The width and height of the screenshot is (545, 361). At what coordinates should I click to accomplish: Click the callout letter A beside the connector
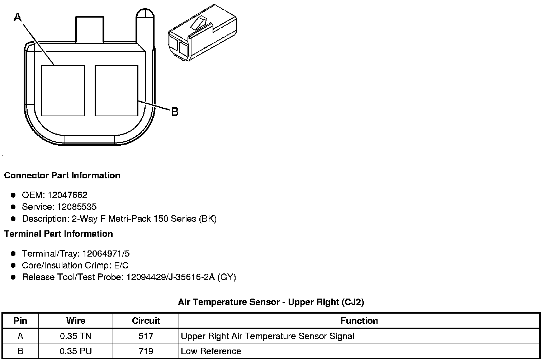(x=18, y=17)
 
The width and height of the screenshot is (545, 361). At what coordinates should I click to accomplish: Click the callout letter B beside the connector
(x=175, y=112)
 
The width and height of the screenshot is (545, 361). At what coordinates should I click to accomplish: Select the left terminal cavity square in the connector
(x=63, y=90)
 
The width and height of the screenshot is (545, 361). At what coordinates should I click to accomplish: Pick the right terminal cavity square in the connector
(x=117, y=90)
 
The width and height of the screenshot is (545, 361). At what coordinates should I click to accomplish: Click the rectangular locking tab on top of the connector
(x=90, y=29)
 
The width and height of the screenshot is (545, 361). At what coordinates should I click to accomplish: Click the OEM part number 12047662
(x=67, y=195)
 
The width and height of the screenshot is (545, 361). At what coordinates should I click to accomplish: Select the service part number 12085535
(x=77, y=207)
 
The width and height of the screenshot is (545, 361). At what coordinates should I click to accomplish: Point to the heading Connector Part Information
(x=62, y=175)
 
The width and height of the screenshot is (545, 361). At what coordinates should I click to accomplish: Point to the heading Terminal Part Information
(x=58, y=234)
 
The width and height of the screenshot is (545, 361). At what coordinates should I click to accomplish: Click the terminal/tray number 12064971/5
(x=106, y=254)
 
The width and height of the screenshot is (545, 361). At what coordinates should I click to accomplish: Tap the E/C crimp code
(x=120, y=266)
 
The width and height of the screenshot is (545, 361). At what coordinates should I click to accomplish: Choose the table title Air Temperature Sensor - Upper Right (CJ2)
(x=271, y=302)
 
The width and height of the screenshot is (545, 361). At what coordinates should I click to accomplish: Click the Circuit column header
(x=146, y=321)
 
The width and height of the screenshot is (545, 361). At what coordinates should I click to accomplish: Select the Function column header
(x=359, y=321)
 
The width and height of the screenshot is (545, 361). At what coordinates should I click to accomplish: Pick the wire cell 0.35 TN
(x=76, y=336)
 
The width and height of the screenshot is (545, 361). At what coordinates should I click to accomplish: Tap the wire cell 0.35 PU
(x=76, y=351)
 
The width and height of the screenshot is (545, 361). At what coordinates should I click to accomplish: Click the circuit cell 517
(x=146, y=336)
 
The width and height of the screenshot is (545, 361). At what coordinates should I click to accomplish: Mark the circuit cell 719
(x=146, y=351)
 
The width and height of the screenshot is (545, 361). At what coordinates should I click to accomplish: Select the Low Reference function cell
(x=211, y=351)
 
